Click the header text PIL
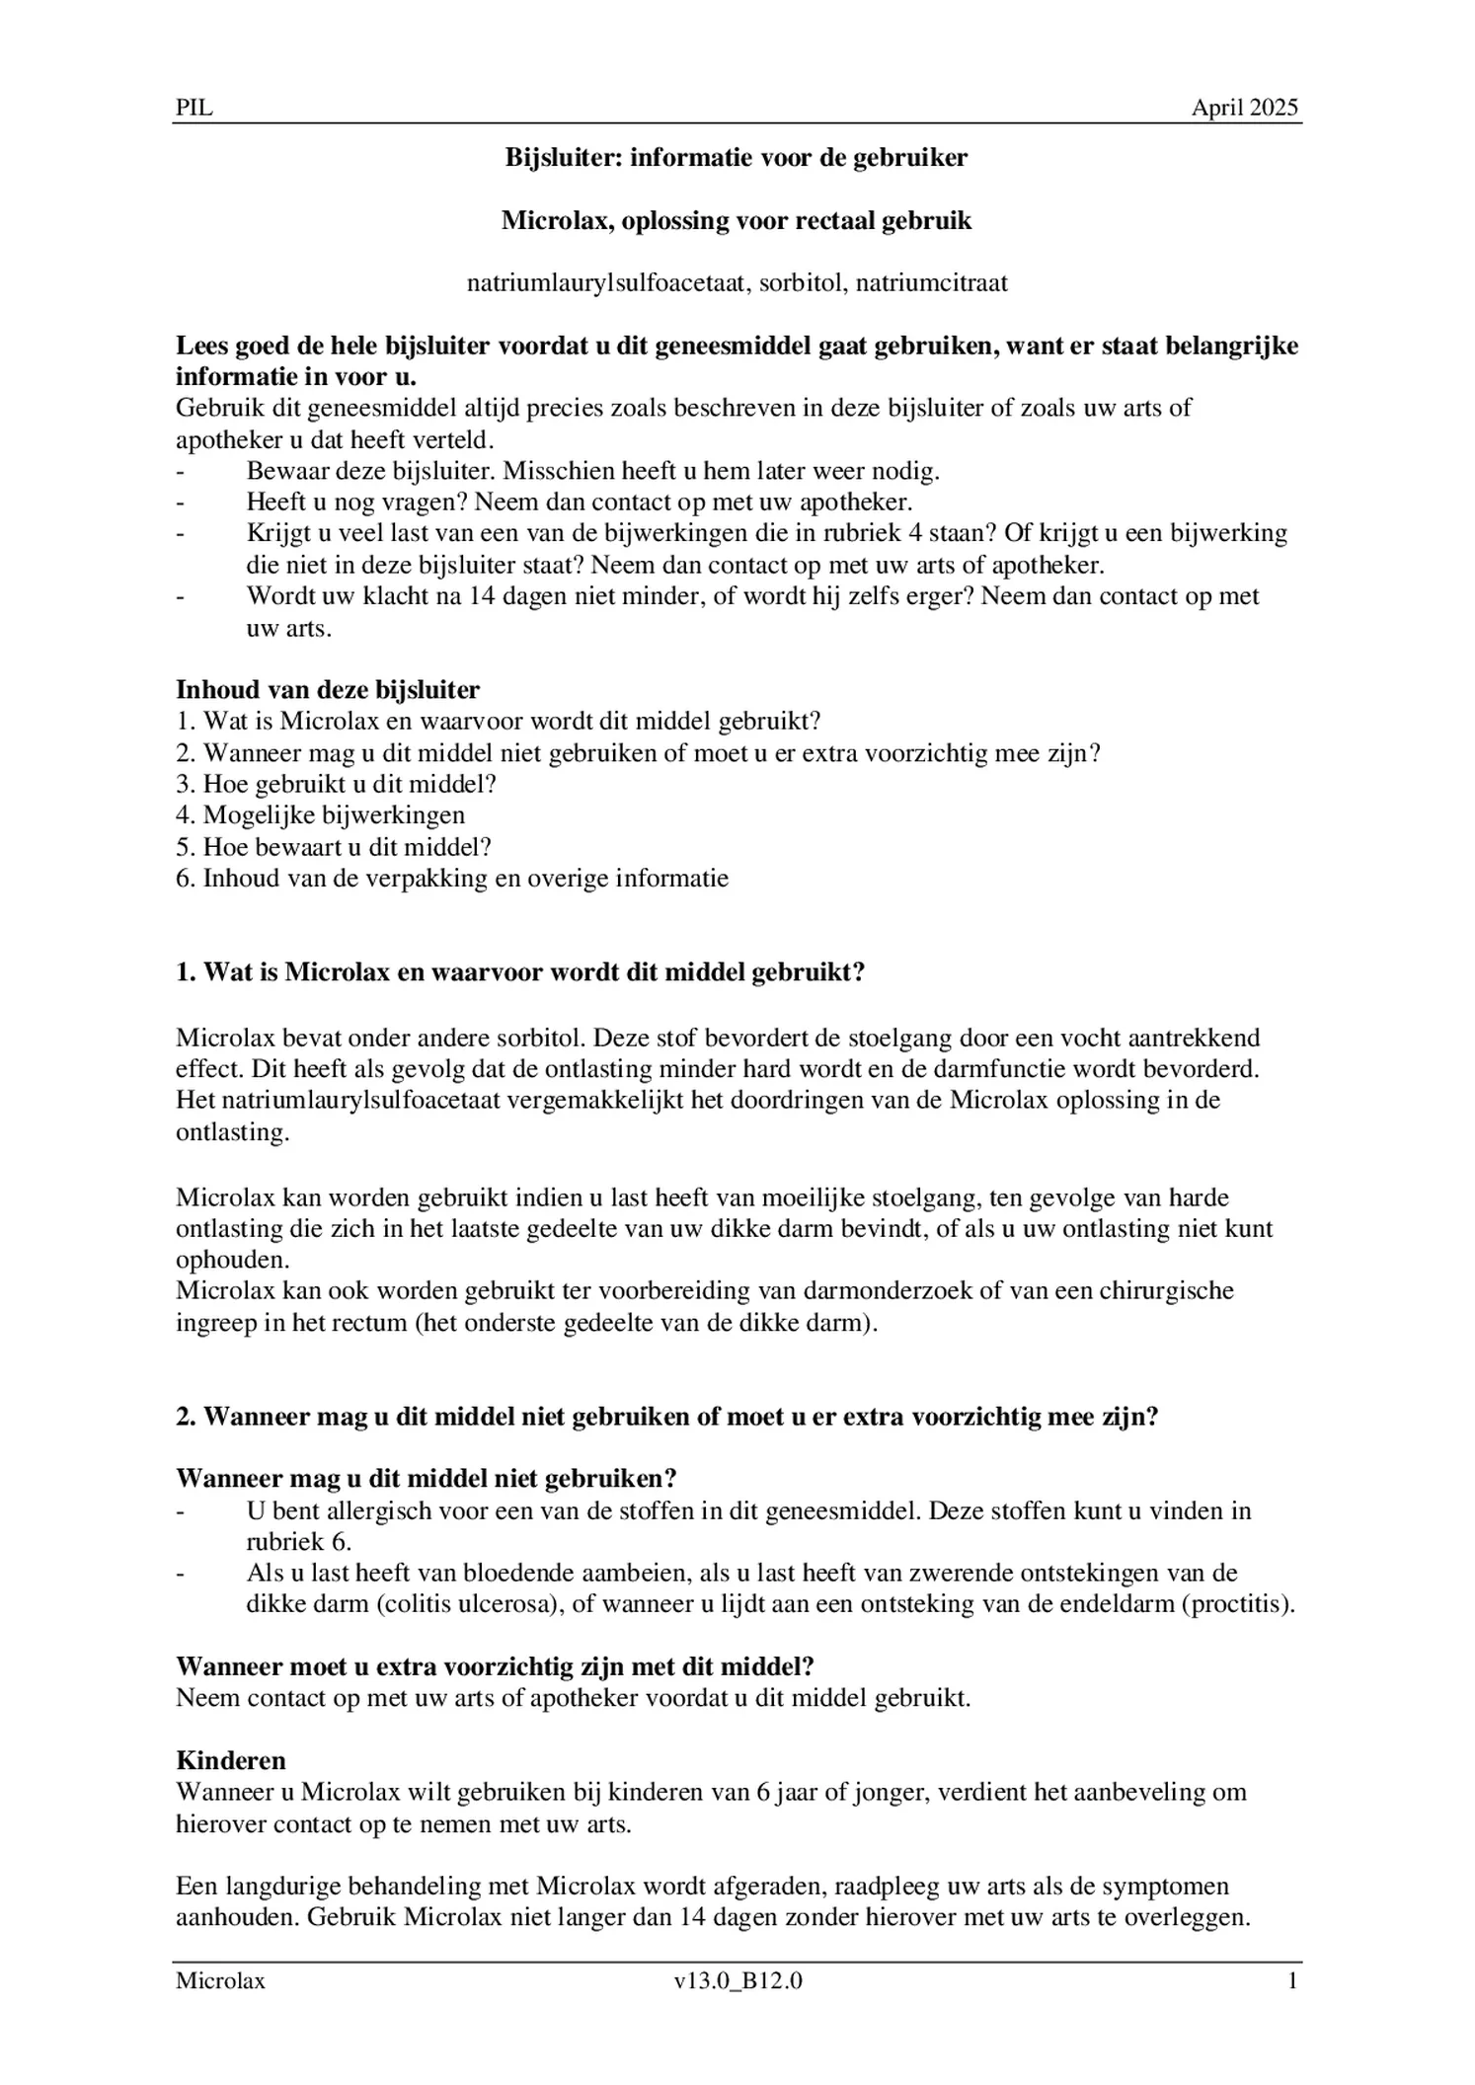point(194,108)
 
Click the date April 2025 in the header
point(1244,108)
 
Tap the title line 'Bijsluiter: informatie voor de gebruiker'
point(737,157)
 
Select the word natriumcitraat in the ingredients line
point(931,283)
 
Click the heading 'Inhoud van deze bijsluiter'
point(328,689)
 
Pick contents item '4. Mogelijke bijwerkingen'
point(320,815)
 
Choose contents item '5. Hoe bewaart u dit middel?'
point(333,847)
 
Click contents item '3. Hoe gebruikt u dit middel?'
point(336,784)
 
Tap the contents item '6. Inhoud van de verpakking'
point(451,879)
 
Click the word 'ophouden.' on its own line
point(233,1261)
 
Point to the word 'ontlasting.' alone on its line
point(233,1132)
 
